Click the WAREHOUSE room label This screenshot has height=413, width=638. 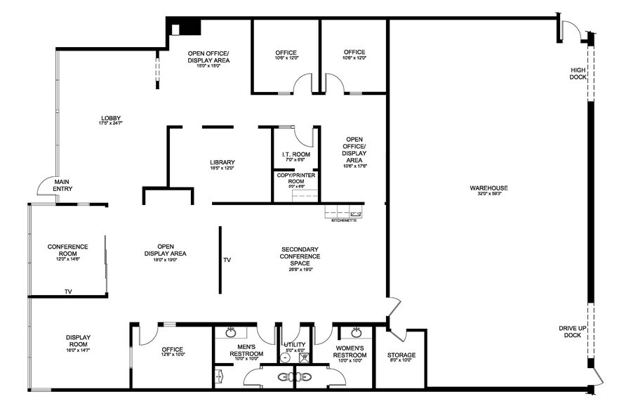click(x=489, y=188)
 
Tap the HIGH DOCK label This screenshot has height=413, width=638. click(x=578, y=73)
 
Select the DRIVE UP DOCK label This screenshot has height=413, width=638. click(x=573, y=332)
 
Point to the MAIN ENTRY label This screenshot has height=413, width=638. click(x=63, y=185)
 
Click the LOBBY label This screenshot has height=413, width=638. click(x=111, y=117)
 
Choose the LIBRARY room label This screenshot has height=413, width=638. click(x=222, y=162)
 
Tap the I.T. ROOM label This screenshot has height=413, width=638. click(x=295, y=155)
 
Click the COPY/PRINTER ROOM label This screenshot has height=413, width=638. click(x=295, y=178)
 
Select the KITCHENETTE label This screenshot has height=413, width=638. click(x=344, y=221)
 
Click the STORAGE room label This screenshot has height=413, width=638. click(x=401, y=355)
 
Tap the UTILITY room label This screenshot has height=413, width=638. click(x=295, y=345)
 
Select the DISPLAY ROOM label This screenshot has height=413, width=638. click(x=78, y=341)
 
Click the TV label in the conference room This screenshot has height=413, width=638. click(x=68, y=291)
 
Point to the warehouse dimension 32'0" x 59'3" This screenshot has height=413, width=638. click(x=489, y=195)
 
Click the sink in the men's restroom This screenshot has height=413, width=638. click(x=230, y=332)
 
